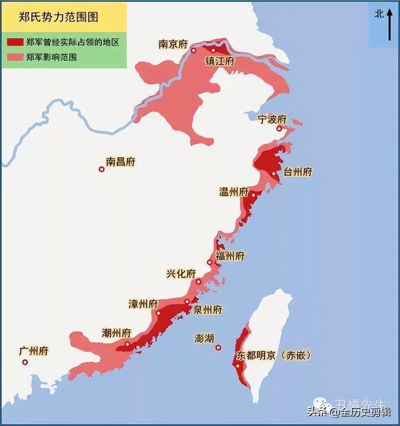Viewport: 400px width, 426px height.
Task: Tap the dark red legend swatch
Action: (x=15, y=42)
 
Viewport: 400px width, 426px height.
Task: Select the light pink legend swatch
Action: (x=15, y=57)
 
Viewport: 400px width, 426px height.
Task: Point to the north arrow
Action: (x=390, y=25)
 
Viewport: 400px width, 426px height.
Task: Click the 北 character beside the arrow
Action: (x=379, y=14)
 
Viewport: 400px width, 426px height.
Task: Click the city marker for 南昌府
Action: (x=101, y=169)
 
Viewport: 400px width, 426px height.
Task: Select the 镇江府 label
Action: (x=220, y=61)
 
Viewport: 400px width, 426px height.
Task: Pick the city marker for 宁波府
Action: (x=279, y=129)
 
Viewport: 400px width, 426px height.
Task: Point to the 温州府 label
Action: (x=233, y=192)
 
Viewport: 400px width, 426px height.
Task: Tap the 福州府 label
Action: (x=230, y=256)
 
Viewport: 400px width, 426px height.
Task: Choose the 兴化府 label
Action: (x=181, y=274)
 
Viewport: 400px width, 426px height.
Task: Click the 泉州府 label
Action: (x=208, y=309)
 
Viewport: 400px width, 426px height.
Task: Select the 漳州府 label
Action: (x=143, y=304)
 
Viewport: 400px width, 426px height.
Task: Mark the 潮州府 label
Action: (x=117, y=333)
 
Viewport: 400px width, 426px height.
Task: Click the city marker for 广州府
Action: (x=25, y=362)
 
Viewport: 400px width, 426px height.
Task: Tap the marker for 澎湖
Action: (x=218, y=347)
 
